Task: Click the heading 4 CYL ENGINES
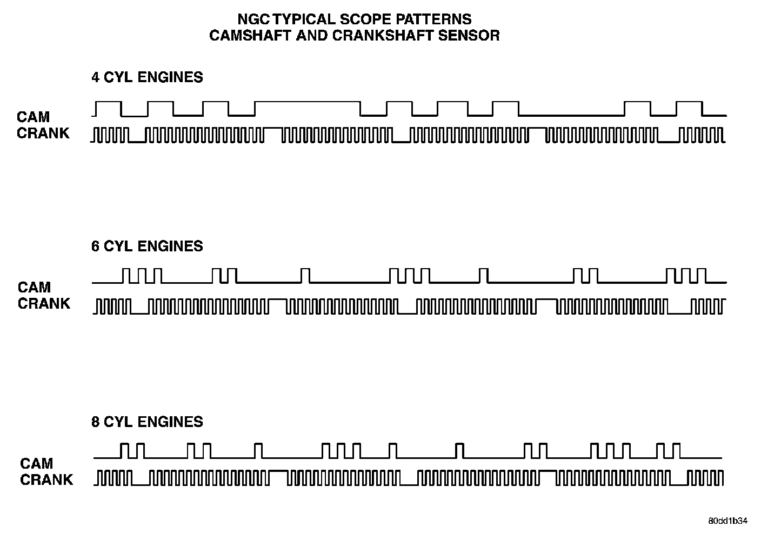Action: pyautogui.click(x=147, y=77)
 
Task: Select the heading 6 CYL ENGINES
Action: pyautogui.click(x=147, y=246)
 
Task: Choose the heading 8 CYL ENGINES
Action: pyautogui.click(x=147, y=422)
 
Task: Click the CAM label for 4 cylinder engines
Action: pyautogui.click(x=33, y=117)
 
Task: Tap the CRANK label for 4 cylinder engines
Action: pyautogui.click(x=43, y=133)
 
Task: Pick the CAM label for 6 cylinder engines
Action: pyautogui.click(x=34, y=287)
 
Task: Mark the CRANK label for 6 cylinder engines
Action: pyautogui.click(x=44, y=303)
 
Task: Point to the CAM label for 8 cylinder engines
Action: pyautogui.click(x=37, y=463)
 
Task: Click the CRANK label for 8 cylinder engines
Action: pyautogui.click(x=46, y=479)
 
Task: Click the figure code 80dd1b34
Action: pyautogui.click(x=728, y=521)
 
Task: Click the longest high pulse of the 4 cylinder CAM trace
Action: pyautogui.click(x=307, y=102)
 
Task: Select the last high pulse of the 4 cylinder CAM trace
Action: pyautogui.click(x=689, y=102)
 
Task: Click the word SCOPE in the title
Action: pyautogui.click(x=363, y=19)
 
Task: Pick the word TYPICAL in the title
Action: pyautogui.click(x=304, y=19)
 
